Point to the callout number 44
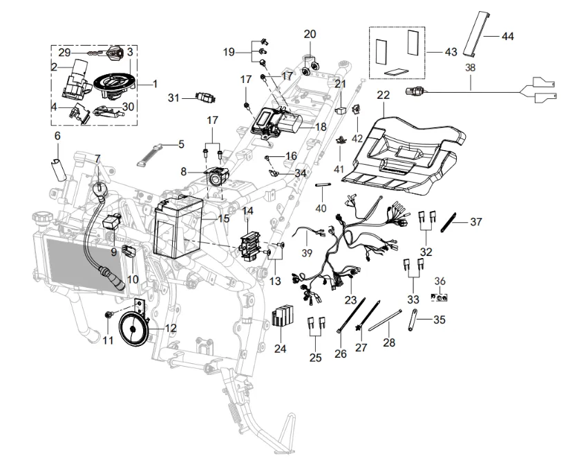[507, 36]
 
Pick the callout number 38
[471, 68]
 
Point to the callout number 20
[310, 34]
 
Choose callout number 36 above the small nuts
[439, 281]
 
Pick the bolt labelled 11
[109, 315]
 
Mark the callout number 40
[321, 208]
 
